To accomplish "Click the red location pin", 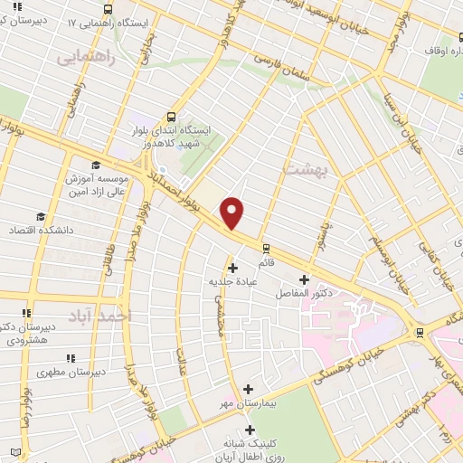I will [x=232, y=213].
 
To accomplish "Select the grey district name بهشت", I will [x=302, y=169].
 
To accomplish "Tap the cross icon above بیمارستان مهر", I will [x=248, y=388].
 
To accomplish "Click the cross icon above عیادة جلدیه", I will [x=233, y=267].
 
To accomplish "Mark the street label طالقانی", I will [x=107, y=250].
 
